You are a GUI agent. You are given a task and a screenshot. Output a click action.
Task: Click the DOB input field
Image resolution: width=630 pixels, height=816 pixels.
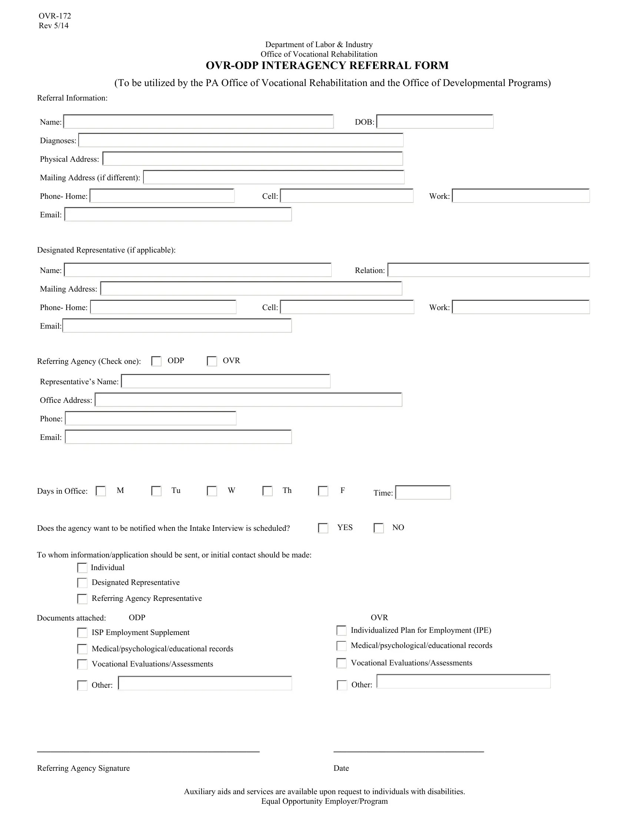click(x=435, y=122)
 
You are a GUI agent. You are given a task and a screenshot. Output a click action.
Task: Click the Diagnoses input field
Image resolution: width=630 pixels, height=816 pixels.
click(x=241, y=141)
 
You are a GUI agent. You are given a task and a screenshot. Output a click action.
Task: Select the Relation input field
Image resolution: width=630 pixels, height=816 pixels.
click(x=488, y=270)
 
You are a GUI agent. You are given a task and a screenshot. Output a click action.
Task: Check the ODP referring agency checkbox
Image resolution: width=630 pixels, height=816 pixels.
click(x=156, y=361)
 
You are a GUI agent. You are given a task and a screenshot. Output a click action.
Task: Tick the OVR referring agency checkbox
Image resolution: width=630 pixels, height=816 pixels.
click(x=212, y=361)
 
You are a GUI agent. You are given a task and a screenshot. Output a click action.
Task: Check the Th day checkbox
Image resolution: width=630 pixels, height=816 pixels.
click(x=268, y=491)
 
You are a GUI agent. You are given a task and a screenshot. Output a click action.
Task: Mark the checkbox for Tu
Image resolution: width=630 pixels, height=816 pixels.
click(x=156, y=491)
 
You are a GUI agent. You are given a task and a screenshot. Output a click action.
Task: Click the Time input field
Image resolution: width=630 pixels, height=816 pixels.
click(x=423, y=493)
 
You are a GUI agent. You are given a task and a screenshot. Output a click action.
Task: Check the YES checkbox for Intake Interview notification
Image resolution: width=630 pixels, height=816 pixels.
click(x=323, y=528)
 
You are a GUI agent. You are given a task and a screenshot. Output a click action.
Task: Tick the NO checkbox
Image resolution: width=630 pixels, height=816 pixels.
click(x=379, y=528)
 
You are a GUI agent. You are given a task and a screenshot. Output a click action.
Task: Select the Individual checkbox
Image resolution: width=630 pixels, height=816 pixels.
click(x=82, y=568)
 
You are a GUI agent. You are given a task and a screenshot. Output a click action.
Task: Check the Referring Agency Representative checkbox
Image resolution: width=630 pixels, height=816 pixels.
click(x=82, y=599)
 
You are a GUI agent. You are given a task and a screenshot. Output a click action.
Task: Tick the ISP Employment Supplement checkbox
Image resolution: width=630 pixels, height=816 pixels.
click(x=82, y=632)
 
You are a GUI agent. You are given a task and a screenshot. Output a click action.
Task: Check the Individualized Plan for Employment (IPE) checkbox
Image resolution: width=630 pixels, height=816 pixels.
click(x=342, y=631)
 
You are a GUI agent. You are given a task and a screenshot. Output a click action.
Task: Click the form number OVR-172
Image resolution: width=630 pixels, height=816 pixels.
click(x=55, y=16)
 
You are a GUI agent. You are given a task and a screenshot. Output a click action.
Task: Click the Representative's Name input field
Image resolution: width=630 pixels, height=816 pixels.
click(x=226, y=381)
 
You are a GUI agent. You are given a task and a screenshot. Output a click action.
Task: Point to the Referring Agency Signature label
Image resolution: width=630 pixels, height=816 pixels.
click(x=83, y=768)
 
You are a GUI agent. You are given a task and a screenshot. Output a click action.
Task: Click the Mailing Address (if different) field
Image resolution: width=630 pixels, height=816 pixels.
click(x=273, y=177)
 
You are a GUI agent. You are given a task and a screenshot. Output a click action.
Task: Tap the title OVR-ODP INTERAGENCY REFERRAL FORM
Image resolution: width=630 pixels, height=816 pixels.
click(x=327, y=65)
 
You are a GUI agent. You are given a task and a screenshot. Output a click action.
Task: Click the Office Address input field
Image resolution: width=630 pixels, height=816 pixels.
click(x=248, y=400)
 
